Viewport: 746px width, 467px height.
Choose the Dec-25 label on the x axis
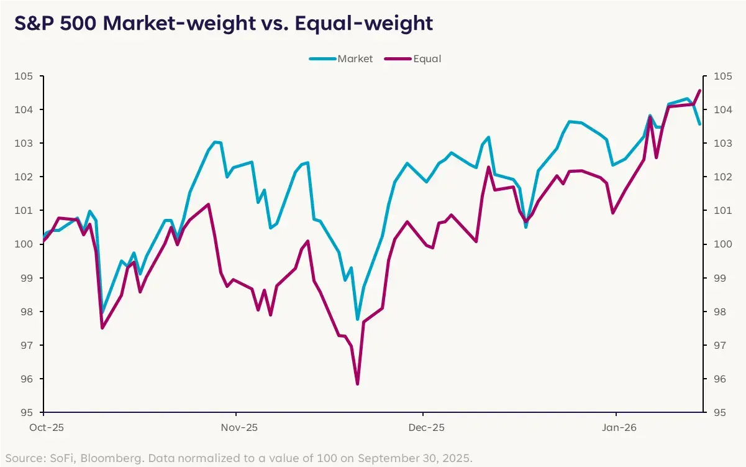(x=426, y=428)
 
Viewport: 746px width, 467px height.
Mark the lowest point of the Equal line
(x=357, y=384)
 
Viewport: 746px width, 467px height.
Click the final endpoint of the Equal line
(x=699, y=91)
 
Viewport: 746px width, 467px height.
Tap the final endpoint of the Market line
(x=699, y=124)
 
